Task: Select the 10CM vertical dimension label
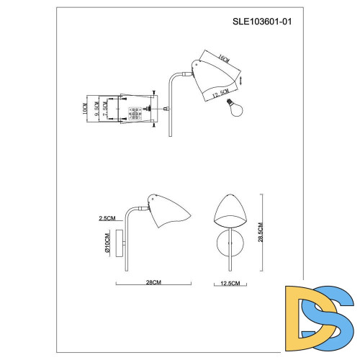(84, 110)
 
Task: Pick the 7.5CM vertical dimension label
(105, 110)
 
